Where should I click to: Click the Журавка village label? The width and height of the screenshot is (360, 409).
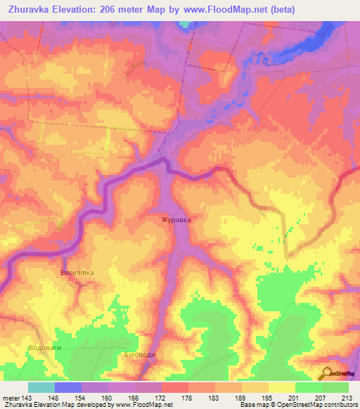click(176, 219)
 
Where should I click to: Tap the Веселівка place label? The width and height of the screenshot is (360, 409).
click(77, 272)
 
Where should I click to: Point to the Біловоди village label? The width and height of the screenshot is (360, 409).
click(139, 354)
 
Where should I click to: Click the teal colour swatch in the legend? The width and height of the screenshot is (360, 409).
click(41, 387)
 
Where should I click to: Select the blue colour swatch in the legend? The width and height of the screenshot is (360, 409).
click(68, 387)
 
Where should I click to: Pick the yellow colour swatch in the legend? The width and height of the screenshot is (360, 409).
click(282, 387)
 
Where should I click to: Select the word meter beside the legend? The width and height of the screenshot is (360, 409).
click(11, 398)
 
